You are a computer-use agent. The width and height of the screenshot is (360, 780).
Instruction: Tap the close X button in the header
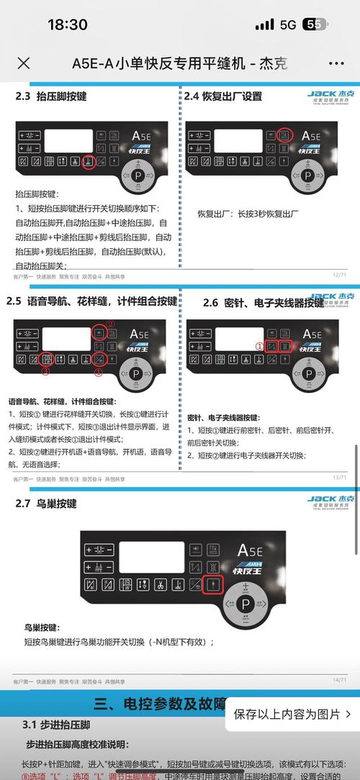tap(23, 63)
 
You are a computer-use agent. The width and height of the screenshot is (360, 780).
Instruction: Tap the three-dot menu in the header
tap(336, 63)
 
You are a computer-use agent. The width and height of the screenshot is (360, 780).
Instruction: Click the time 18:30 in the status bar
tap(67, 24)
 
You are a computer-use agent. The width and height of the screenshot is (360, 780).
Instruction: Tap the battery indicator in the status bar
tap(315, 24)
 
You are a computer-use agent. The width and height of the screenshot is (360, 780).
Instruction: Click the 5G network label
tap(288, 24)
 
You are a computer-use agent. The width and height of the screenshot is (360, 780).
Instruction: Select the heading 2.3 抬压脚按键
tap(52, 95)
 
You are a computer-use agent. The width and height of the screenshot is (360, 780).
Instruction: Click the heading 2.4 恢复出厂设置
tap(222, 96)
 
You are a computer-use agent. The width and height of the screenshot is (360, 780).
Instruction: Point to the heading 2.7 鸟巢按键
tap(46, 484)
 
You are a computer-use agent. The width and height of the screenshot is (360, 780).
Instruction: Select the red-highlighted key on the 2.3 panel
tap(89, 162)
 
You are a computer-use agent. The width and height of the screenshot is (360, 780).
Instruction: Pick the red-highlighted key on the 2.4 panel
tap(285, 135)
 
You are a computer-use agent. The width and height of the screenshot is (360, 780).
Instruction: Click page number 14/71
tap(339, 679)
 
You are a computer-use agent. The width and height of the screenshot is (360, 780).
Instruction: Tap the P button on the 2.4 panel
tap(307, 176)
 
